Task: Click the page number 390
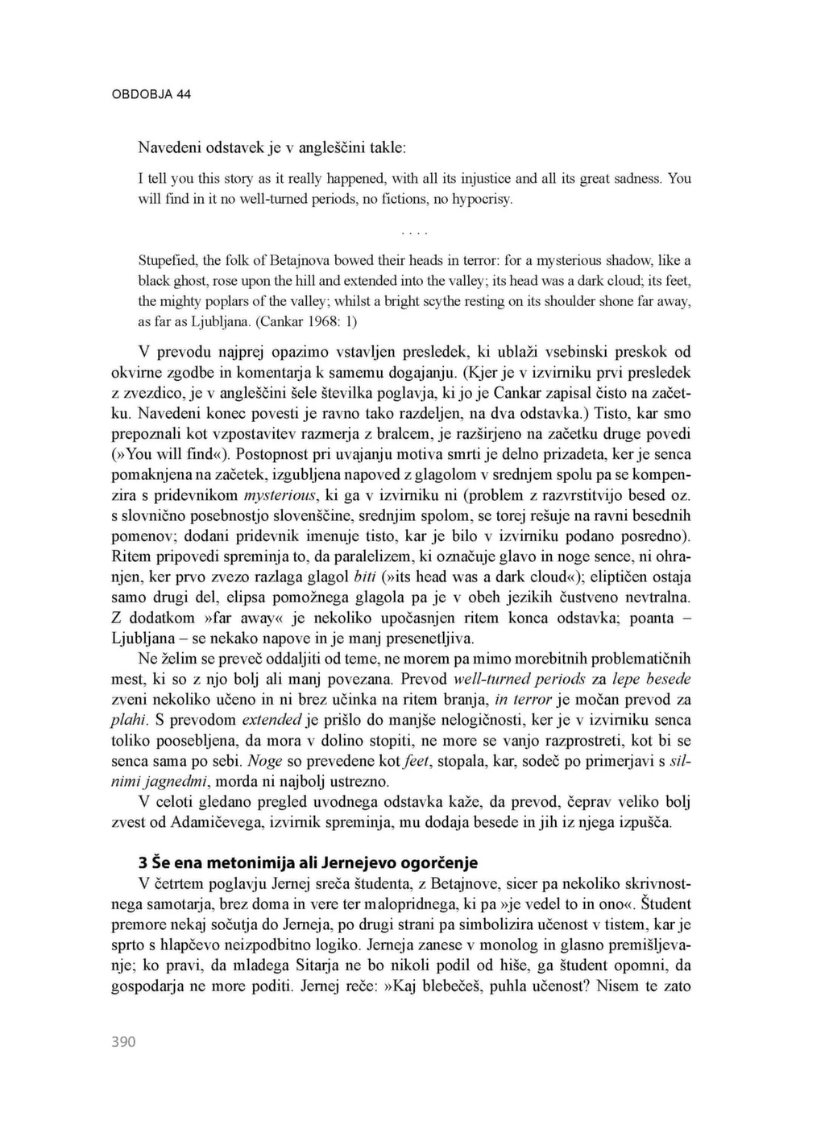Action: tap(123, 1042)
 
